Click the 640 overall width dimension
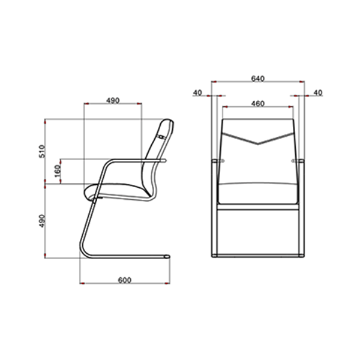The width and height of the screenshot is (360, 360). coord(258,79)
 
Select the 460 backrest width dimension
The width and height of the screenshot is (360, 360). coord(258,104)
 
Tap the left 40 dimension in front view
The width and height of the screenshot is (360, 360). coord(197,93)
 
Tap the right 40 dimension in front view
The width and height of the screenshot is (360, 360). coord(318,93)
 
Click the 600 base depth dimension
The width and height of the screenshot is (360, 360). coord(125,280)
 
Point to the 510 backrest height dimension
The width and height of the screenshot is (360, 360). coord(42,151)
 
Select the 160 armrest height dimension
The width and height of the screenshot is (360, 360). coord(58,171)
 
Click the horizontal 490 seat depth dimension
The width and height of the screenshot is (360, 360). coord(113,101)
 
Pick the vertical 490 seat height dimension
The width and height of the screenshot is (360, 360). coord(42,221)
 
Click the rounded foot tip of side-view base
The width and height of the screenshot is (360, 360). coord(168,256)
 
